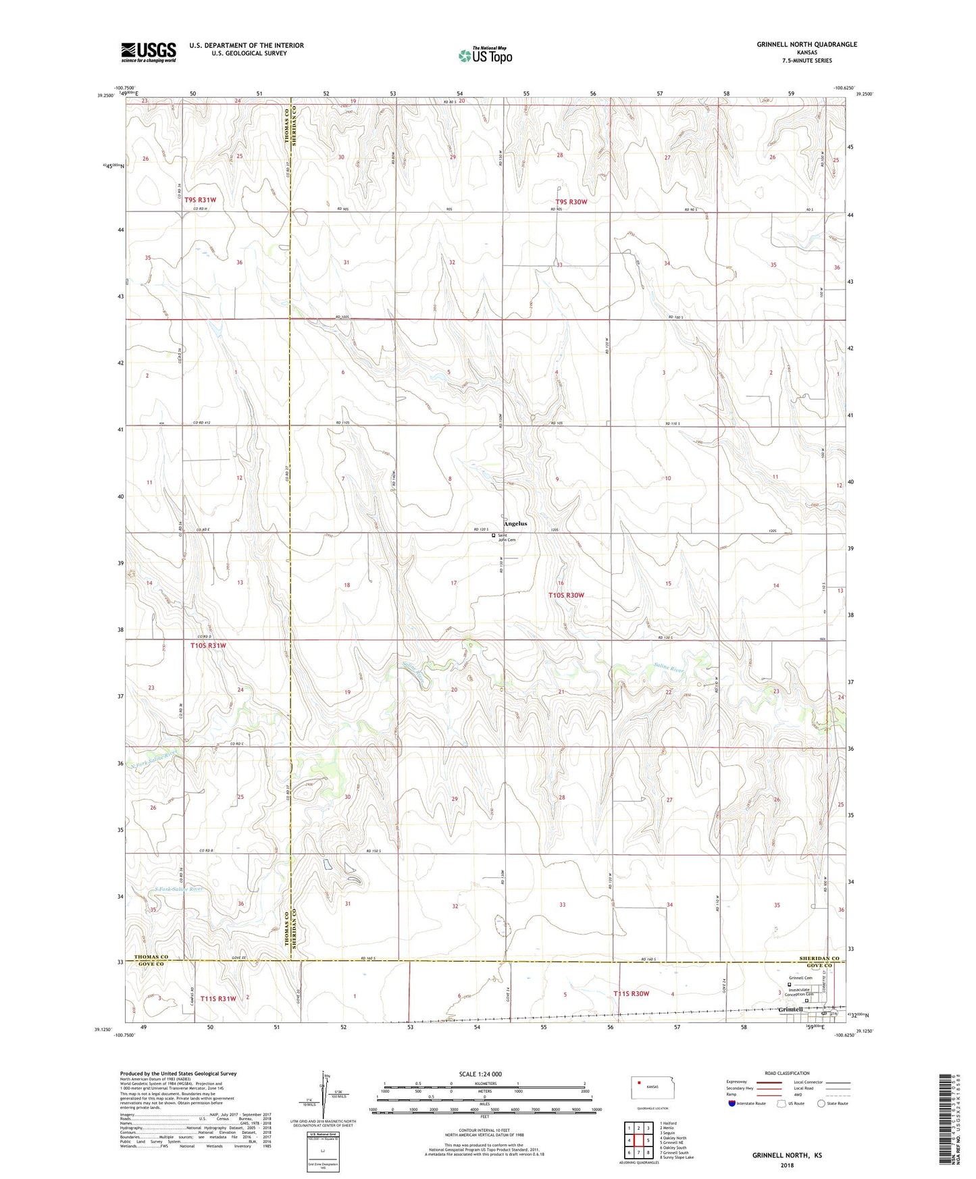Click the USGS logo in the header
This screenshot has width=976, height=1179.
[x=149, y=52]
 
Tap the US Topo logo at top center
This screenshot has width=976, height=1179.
[x=484, y=55]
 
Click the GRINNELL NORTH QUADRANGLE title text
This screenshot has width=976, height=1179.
[x=806, y=45]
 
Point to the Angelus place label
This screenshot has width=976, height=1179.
[x=515, y=523]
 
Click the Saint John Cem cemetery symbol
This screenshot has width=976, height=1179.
[x=493, y=535]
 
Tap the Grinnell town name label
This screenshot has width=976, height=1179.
[x=790, y=1010]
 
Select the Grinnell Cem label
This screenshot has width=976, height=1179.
[x=800, y=978]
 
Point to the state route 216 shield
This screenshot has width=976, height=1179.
[x=833, y=1014]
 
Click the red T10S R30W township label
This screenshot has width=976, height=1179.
[x=565, y=595]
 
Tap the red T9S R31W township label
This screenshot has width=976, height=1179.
[x=200, y=200]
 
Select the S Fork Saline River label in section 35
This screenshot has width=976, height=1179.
[x=178, y=889]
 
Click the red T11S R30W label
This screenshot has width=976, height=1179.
[x=631, y=993]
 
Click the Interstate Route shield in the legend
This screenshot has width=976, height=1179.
[x=732, y=1103]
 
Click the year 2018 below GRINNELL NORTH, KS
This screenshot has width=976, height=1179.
[x=787, y=1165]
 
